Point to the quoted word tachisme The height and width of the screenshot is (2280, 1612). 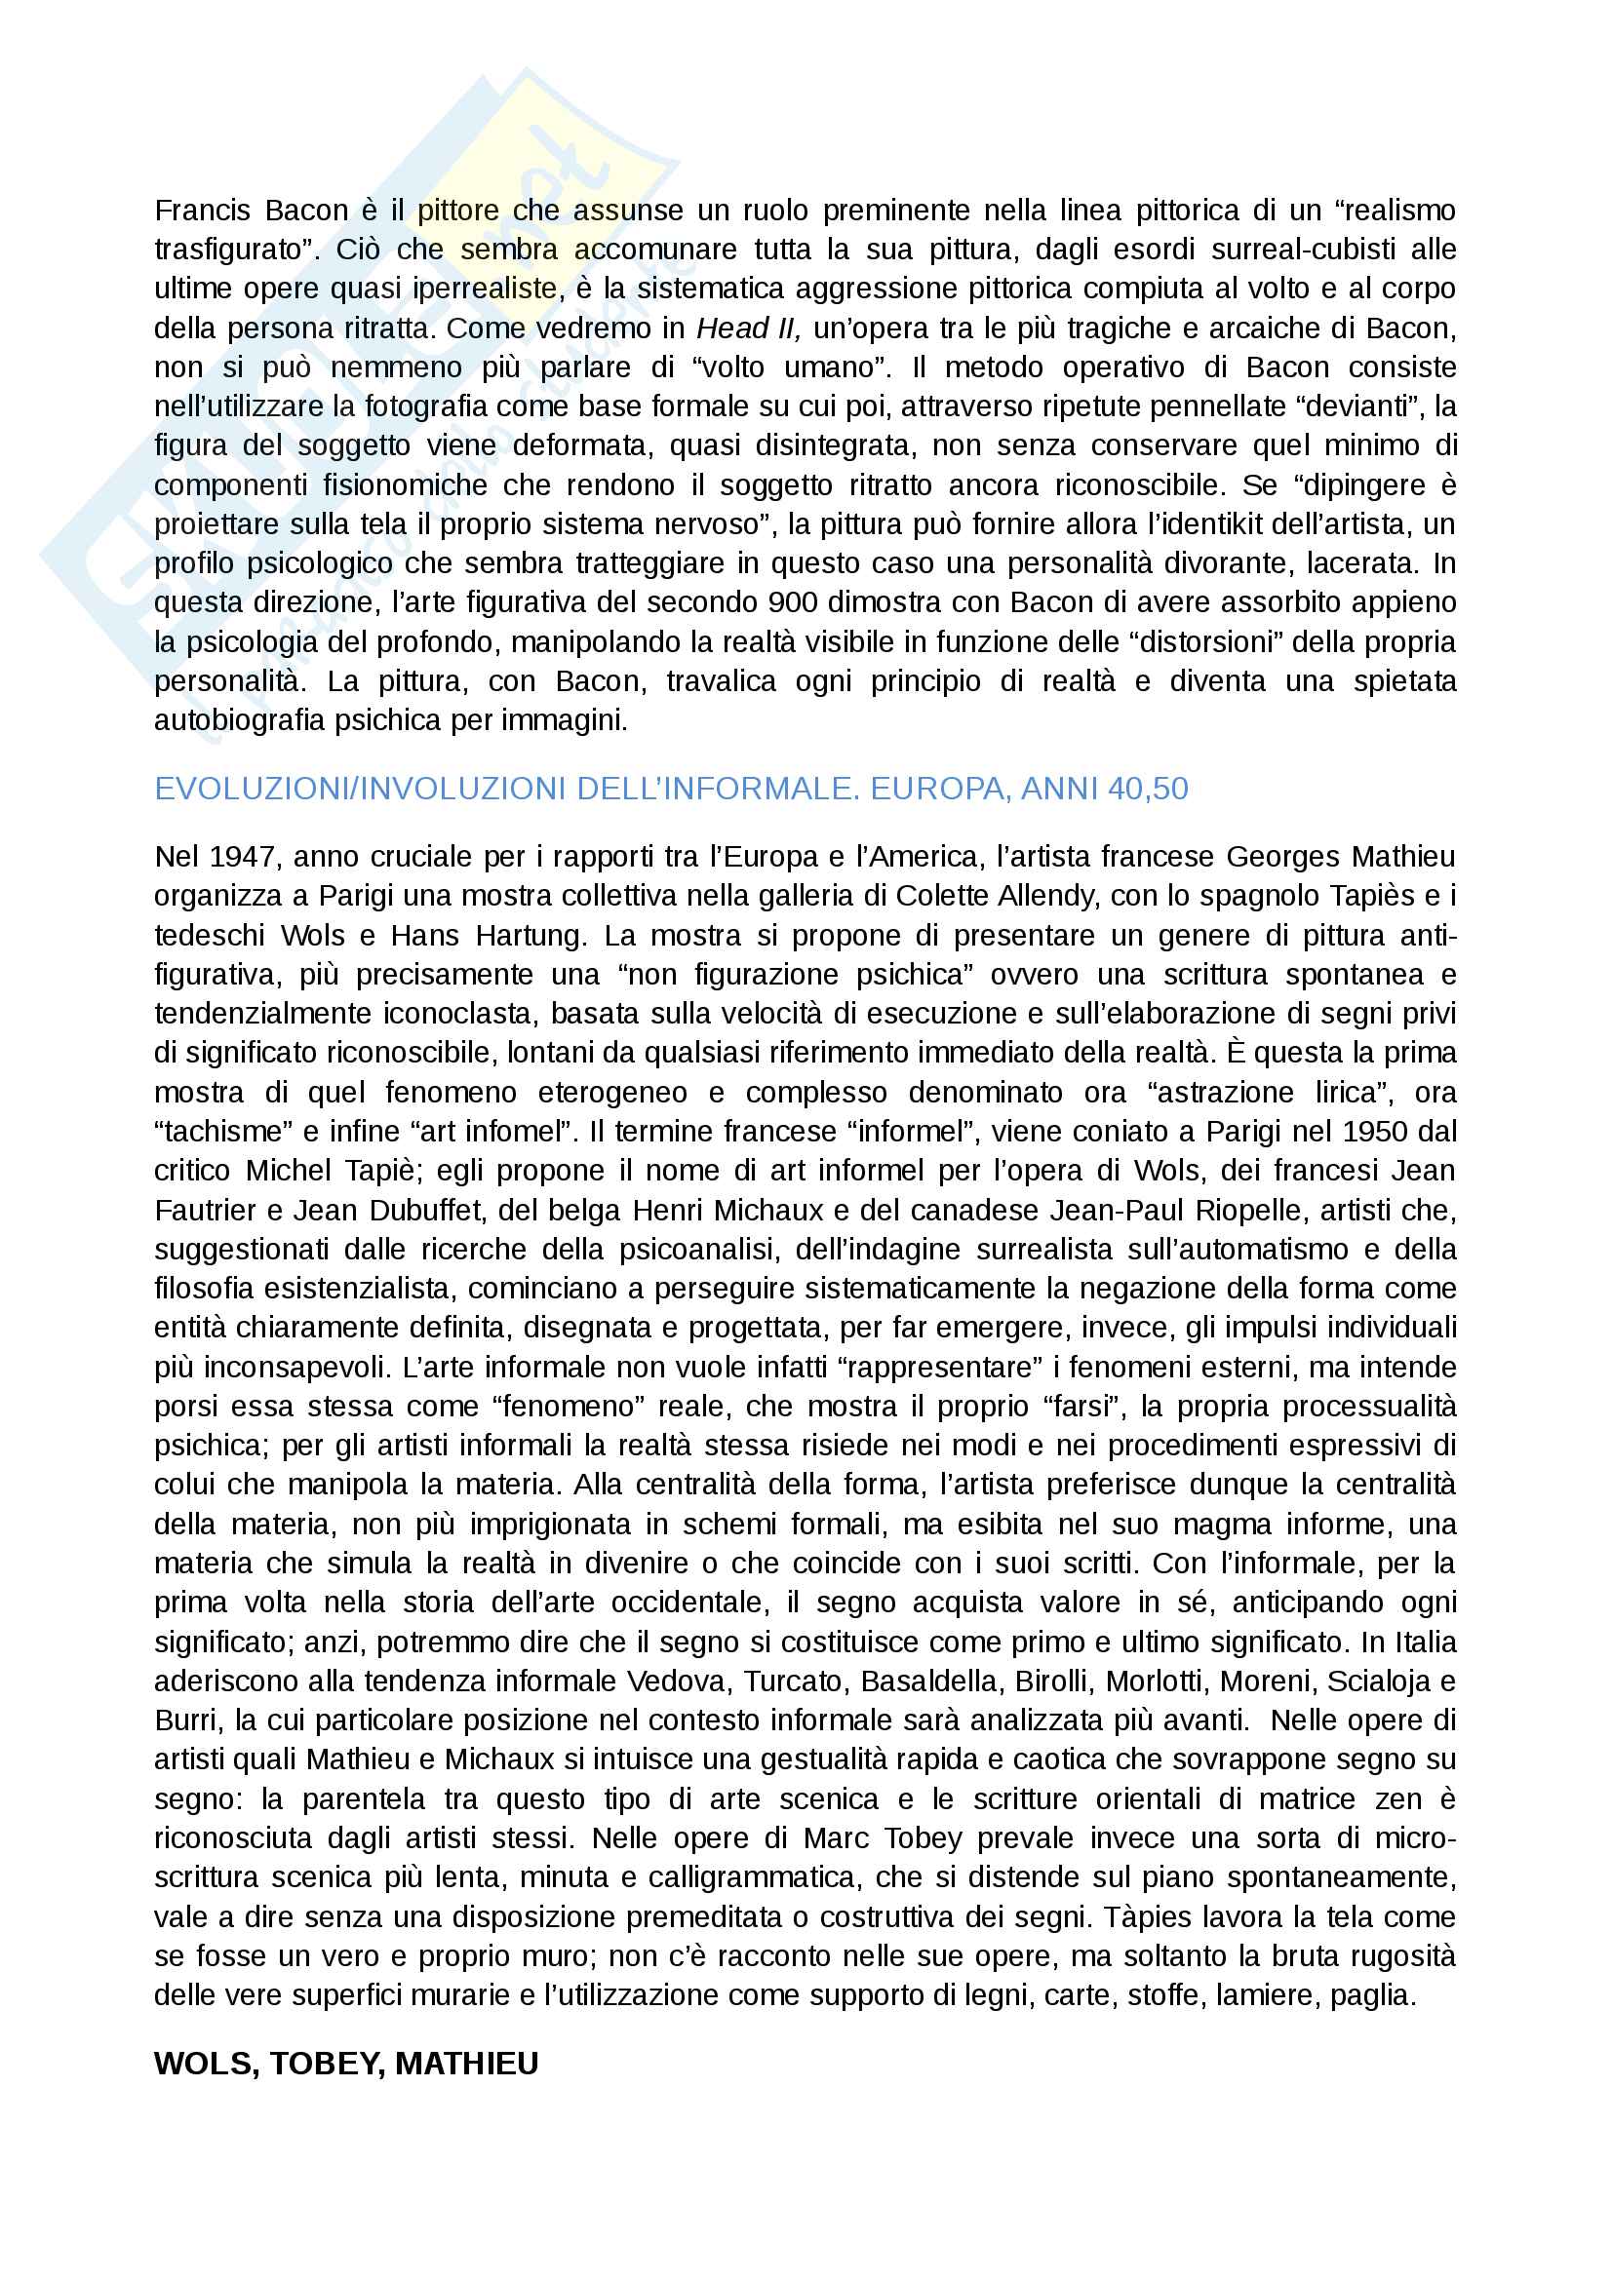(222, 1132)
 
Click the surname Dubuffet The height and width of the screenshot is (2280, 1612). (424, 1211)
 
